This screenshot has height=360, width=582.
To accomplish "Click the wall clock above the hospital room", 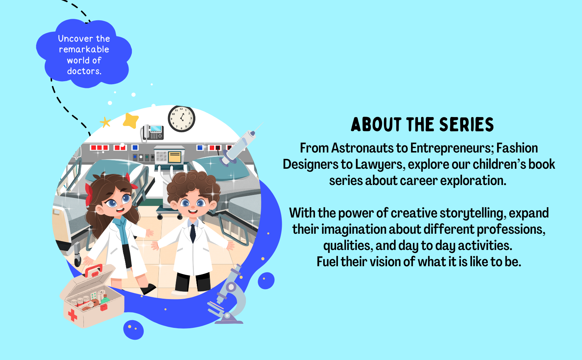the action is pyautogui.click(x=181, y=119).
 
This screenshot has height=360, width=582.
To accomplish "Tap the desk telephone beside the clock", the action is pyautogui.click(x=152, y=133).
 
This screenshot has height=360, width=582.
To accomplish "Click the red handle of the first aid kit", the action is pyautogui.click(x=93, y=270).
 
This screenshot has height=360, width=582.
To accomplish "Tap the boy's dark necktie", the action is pyautogui.click(x=193, y=233).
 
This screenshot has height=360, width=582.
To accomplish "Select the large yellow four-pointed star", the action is pyautogui.click(x=131, y=120).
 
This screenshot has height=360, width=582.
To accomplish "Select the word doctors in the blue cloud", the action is pyautogui.click(x=84, y=71).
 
